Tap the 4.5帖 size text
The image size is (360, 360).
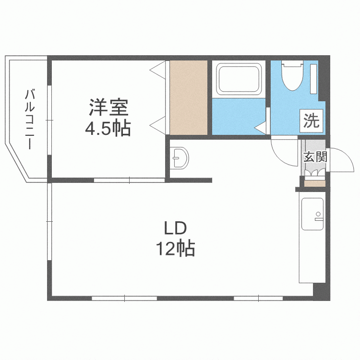tap(108, 128)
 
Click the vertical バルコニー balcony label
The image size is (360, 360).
tap(31, 119)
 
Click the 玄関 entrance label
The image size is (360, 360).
tap(315, 156)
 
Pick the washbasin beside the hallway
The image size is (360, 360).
tap(180, 157)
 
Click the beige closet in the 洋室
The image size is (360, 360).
tap(189, 98)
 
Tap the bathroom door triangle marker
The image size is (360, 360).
tap(261, 127)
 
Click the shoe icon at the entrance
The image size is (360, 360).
tap(314, 171)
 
